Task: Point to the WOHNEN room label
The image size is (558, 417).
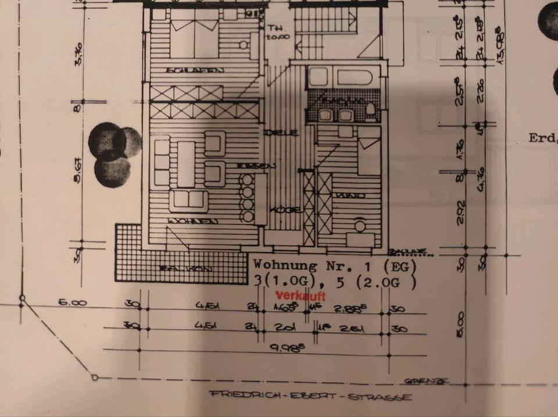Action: click(192, 221)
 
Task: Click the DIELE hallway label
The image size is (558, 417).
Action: click(281, 133)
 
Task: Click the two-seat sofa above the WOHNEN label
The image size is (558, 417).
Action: click(189, 199)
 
